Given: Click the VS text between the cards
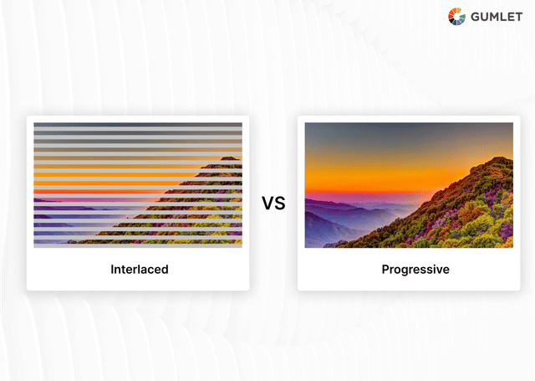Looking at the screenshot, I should tap(273, 203).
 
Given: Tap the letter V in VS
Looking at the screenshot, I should tap(267, 203).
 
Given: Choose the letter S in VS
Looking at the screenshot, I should tap(279, 203).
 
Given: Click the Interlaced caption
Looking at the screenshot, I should tap(140, 270).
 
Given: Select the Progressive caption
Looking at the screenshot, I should tap(415, 270).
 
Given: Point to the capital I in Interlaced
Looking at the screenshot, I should tap(113, 270).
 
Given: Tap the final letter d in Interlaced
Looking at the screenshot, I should tap(165, 270).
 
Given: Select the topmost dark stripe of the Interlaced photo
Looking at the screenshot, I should tap(138, 126).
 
